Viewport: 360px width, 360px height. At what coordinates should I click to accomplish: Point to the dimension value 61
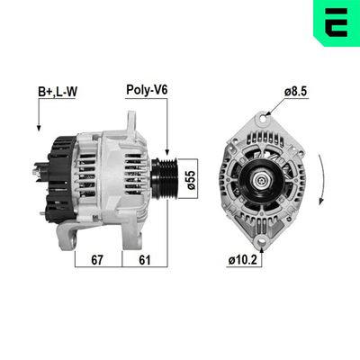(x=145, y=261)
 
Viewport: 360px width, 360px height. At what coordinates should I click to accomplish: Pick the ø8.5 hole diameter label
(x=297, y=90)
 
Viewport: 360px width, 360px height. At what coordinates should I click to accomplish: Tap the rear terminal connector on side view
(x=40, y=166)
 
